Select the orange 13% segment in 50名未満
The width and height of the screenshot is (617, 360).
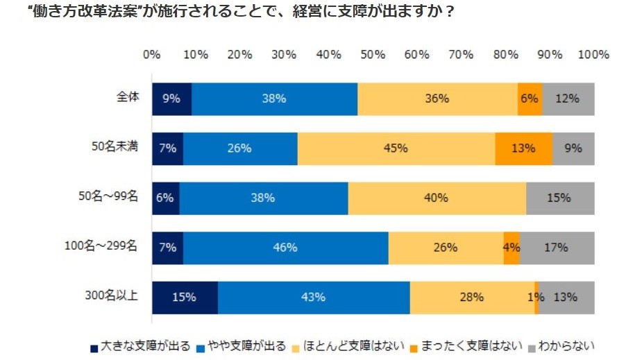[524, 148]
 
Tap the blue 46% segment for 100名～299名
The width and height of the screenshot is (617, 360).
[285, 248]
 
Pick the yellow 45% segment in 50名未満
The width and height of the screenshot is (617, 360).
[396, 148]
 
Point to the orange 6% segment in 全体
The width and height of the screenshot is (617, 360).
[530, 98]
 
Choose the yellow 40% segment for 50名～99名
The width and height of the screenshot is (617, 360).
[437, 198]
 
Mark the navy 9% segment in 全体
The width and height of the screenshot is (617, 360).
[171, 98]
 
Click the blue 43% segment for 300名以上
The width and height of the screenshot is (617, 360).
[314, 297]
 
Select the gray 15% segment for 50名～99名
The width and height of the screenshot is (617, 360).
[559, 198]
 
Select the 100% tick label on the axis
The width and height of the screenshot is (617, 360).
[593, 55]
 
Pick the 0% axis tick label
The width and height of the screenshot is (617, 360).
[152, 55]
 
